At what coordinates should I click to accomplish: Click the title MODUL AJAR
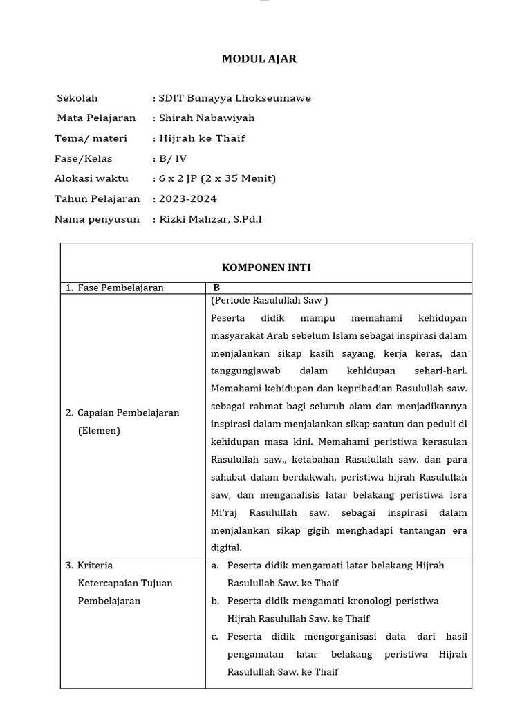(x=259, y=59)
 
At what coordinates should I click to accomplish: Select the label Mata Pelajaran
(x=96, y=118)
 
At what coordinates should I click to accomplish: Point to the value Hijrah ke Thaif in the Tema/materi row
(x=202, y=138)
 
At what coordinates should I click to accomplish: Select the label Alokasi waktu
(x=91, y=178)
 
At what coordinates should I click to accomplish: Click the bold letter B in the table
(x=216, y=288)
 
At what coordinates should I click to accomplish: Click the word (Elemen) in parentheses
(x=99, y=430)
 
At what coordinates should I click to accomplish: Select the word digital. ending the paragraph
(x=226, y=548)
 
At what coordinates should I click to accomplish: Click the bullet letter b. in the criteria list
(x=216, y=601)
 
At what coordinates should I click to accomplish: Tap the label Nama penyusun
(x=97, y=219)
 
